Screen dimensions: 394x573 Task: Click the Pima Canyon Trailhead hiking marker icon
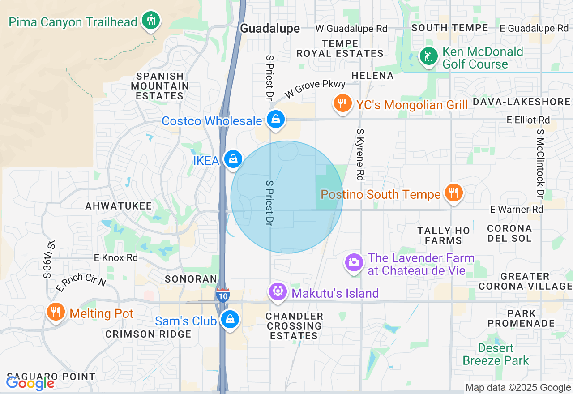point(151,21)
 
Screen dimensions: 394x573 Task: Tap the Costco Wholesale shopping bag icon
point(276,120)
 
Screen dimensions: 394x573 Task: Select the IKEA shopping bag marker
point(233,159)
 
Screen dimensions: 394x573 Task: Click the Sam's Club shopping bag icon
point(230,320)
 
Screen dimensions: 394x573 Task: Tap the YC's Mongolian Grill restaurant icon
point(343,104)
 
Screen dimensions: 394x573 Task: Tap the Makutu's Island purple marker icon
point(278,292)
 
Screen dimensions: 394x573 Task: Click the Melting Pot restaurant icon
point(56,312)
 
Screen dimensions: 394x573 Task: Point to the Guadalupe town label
point(270,28)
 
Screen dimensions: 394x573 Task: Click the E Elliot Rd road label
point(528,120)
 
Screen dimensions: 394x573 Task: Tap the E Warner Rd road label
point(516,209)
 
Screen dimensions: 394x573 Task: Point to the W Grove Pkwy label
point(315,89)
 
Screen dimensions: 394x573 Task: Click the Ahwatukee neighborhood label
point(119,206)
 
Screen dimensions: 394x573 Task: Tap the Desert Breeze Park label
point(496,354)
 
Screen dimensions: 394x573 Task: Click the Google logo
point(30,383)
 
